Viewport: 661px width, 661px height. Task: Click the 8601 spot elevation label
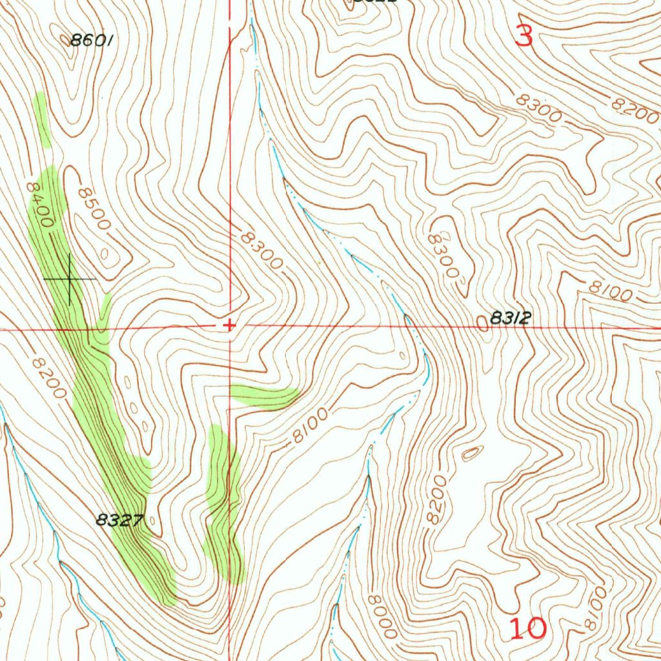click(92, 41)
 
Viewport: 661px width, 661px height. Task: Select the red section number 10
click(528, 627)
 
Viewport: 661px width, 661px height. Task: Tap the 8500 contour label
click(95, 208)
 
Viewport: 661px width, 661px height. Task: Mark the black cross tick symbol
click(69, 279)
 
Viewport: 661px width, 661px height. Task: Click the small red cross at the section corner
click(229, 325)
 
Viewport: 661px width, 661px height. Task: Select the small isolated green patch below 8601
click(42, 119)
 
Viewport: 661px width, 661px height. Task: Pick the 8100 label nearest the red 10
click(595, 607)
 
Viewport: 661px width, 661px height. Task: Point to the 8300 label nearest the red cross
click(261, 250)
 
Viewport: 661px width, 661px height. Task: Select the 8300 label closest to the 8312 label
click(443, 256)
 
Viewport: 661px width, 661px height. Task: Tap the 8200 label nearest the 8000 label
click(437, 500)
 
